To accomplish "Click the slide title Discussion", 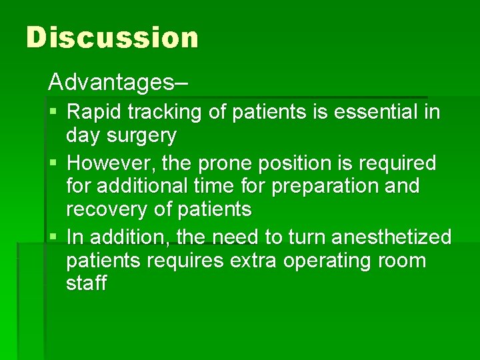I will [x=112, y=37].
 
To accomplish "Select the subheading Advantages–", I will [x=118, y=83].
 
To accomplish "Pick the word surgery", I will [x=144, y=136].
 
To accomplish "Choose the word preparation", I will [x=323, y=186].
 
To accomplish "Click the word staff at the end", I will [x=86, y=283].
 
